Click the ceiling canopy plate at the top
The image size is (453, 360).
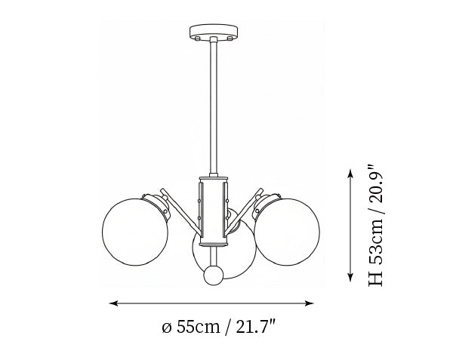214,31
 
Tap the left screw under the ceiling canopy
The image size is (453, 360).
197,38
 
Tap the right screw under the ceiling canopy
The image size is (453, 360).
230,38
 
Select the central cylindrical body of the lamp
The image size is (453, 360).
214,211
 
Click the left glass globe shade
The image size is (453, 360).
135,232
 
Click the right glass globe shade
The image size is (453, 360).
287,232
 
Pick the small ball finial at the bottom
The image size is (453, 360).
214,275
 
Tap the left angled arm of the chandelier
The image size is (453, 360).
180,211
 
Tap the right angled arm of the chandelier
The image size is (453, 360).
245,211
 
